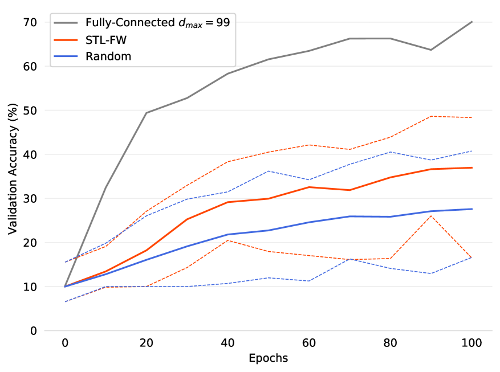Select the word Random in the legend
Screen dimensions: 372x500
108,56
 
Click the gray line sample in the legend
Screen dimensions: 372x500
66,23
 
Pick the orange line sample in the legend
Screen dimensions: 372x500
66,40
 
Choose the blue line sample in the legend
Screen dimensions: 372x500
66,56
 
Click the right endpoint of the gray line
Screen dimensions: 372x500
472,22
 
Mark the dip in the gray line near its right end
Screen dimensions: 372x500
431,50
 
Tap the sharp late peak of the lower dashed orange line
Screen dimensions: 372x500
431,215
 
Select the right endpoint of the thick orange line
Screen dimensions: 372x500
472,167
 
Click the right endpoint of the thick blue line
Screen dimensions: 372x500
472,209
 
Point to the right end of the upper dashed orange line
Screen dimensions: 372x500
472,117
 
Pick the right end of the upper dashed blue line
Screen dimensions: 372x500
472,151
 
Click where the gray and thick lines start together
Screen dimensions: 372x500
65,286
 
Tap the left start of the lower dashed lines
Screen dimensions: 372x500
65,301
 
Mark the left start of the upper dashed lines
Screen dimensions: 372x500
65,262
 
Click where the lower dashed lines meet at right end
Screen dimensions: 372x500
472,257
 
